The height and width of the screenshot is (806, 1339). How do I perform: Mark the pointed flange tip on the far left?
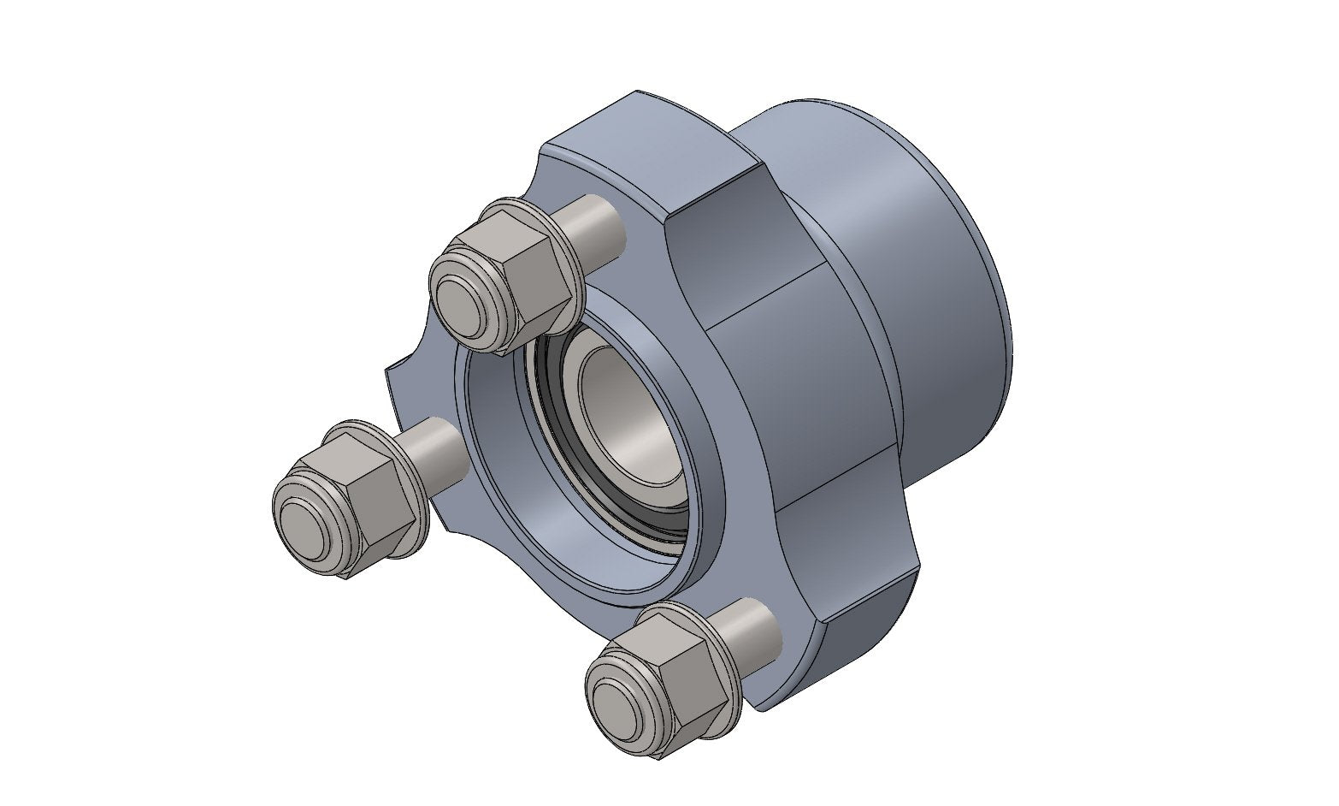click(x=391, y=370)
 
